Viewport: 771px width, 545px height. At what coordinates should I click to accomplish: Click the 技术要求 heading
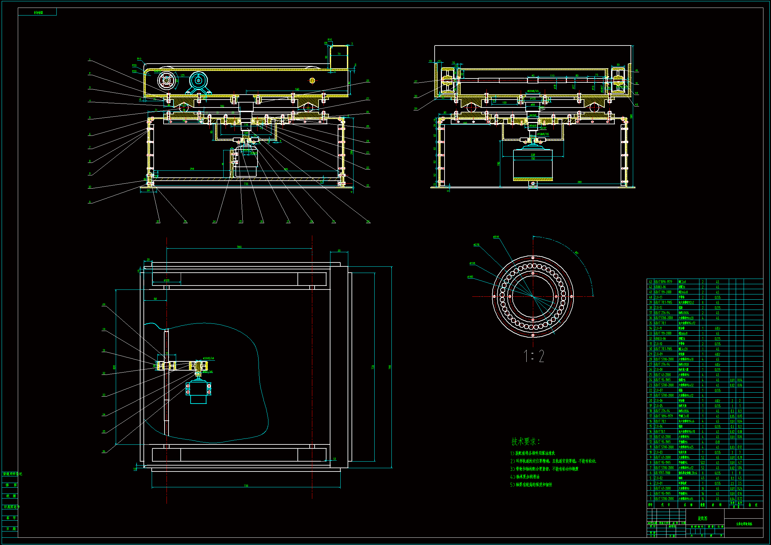[525, 441]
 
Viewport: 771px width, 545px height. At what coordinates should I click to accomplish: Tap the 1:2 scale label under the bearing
[534, 356]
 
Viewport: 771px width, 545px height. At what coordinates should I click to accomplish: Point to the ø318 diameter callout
[496, 237]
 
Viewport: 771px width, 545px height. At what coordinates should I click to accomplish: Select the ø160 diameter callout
[470, 277]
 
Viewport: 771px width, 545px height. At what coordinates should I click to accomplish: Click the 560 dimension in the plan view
[239, 247]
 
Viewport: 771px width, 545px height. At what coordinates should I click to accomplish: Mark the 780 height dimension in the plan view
[390, 367]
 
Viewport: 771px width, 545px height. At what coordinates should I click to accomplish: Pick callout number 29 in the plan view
[104, 305]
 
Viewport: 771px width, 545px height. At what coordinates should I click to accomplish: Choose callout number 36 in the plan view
[104, 452]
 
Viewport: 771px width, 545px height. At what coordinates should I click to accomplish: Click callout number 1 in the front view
[89, 60]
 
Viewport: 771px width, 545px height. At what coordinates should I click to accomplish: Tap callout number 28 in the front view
[368, 81]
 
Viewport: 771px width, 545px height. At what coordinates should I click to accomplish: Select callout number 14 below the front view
[214, 222]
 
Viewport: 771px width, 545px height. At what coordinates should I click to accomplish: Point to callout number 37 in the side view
[416, 81]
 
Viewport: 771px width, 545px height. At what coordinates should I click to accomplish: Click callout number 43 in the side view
[636, 105]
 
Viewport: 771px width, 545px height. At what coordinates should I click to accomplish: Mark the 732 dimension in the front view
[246, 184]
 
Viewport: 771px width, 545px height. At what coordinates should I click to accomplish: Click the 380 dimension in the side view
[579, 182]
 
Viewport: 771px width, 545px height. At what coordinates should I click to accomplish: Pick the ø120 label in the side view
[533, 99]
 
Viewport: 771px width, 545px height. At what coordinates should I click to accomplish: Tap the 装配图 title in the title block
[702, 519]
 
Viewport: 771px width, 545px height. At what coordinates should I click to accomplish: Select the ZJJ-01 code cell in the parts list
[659, 483]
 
